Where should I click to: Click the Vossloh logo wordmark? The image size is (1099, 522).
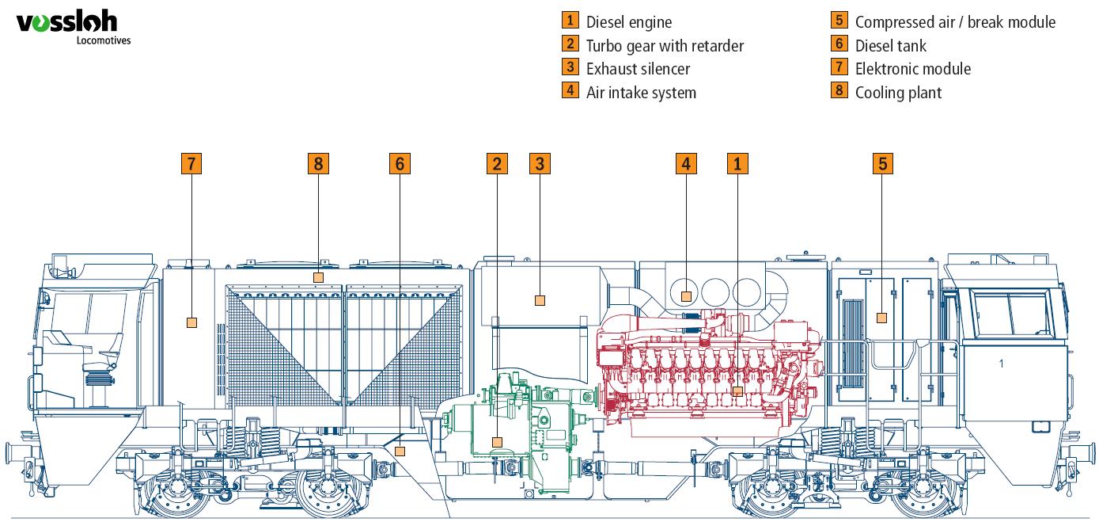(x=66, y=25)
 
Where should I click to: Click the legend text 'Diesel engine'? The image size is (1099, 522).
(x=628, y=22)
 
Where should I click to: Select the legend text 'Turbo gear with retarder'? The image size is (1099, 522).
(x=665, y=46)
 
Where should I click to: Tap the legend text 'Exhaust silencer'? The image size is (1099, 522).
(x=638, y=69)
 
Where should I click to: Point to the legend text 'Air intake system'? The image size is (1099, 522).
(x=641, y=93)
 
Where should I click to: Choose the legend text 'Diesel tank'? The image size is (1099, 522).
(x=890, y=46)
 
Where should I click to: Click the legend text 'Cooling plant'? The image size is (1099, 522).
(x=898, y=93)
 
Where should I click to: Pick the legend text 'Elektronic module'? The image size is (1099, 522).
(x=912, y=69)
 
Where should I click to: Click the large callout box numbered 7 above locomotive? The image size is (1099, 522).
(x=191, y=164)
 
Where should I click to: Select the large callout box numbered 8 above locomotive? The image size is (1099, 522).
(x=318, y=164)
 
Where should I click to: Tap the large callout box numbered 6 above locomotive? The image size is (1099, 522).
(x=400, y=164)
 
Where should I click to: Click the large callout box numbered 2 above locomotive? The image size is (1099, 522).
(x=497, y=164)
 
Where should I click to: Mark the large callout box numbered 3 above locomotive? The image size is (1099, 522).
(x=540, y=164)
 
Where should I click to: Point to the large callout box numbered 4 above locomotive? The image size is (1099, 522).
(x=686, y=164)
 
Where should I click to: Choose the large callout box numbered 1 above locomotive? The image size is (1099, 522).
(x=737, y=164)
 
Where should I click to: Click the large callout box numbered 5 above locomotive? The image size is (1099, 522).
(x=883, y=164)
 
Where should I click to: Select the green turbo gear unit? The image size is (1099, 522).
(x=522, y=420)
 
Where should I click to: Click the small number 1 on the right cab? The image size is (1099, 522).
(x=1001, y=364)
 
